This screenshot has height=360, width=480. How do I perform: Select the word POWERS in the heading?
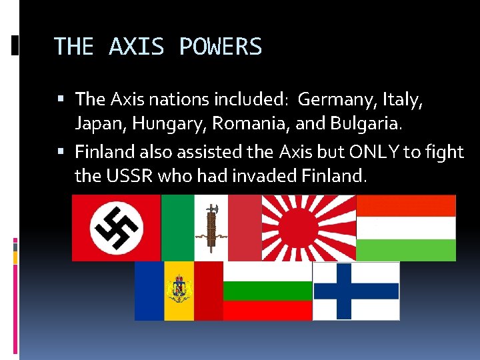coord(221,47)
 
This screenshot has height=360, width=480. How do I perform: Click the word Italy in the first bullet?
coord(403,101)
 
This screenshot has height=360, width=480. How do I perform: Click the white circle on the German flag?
coord(116,227)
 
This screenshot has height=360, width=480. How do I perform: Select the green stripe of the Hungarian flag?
coord(406,250)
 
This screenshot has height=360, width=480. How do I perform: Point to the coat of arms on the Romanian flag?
coord(179,291)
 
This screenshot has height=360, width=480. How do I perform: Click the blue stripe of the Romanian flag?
coord(149,291)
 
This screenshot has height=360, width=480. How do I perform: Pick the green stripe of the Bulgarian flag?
coord(267,291)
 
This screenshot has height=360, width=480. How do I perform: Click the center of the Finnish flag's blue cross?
coord(343,291)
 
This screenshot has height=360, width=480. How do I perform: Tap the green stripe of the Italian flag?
coord(177,227)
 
